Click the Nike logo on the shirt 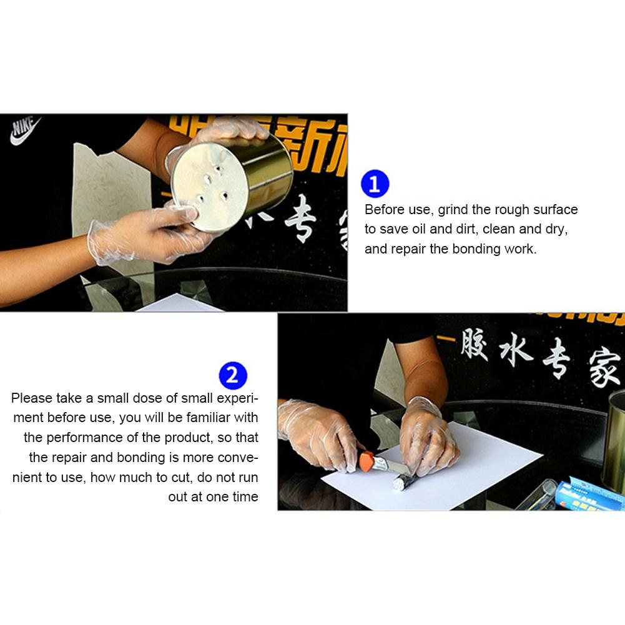pyautogui.click(x=25, y=130)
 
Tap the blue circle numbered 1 pyautogui.click(x=375, y=184)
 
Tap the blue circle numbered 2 pyautogui.click(x=233, y=376)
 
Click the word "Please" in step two pyautogui.click(x=32, y=398)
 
